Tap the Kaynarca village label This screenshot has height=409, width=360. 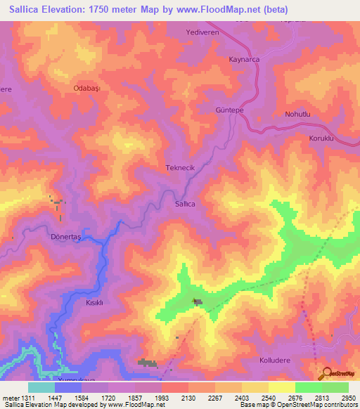(x=244, y=60)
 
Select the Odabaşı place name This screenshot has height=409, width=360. (x=89, y=89)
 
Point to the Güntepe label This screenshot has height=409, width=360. (x=229, y=111)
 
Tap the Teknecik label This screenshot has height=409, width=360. (x=179, y=169)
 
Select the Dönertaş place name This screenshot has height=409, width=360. (x=67, y=238)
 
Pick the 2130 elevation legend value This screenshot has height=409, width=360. (x=188, y=397)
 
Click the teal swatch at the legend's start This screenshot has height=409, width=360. (x=41, y=387)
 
